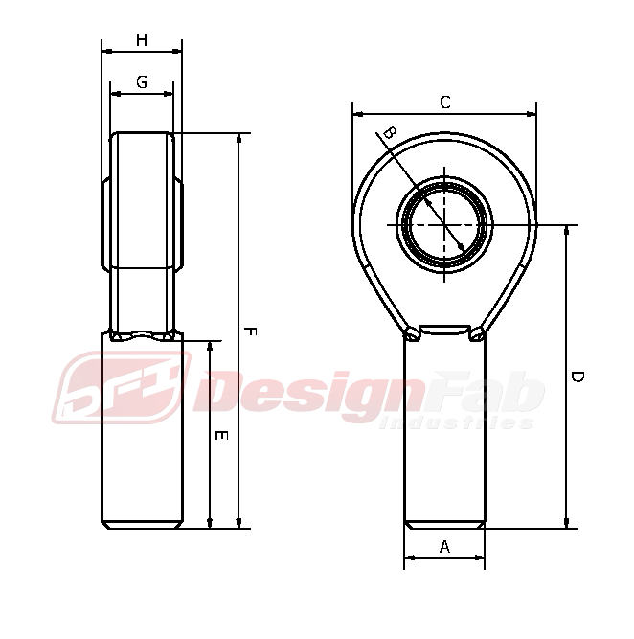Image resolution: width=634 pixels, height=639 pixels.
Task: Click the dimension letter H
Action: click(x=142, y=40)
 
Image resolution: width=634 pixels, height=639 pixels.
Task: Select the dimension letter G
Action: click(x=142, y=82)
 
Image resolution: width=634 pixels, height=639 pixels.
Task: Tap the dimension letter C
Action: click(x=445, y=103)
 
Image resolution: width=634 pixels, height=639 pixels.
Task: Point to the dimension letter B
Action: click(x=390, y=133)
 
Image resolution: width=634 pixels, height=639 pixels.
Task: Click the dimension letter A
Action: click(x=445, y=546)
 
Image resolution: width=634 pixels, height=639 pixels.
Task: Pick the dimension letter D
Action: click(x=577, y=377)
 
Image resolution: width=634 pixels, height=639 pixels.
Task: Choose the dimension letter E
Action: click(x=221, y=436)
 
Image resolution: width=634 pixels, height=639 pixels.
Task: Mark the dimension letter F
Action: click(x=250, y=331)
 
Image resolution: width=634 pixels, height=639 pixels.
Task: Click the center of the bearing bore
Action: click(x=444, y=225)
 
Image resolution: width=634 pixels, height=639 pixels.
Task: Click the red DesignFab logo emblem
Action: click(x=123, y=387)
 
